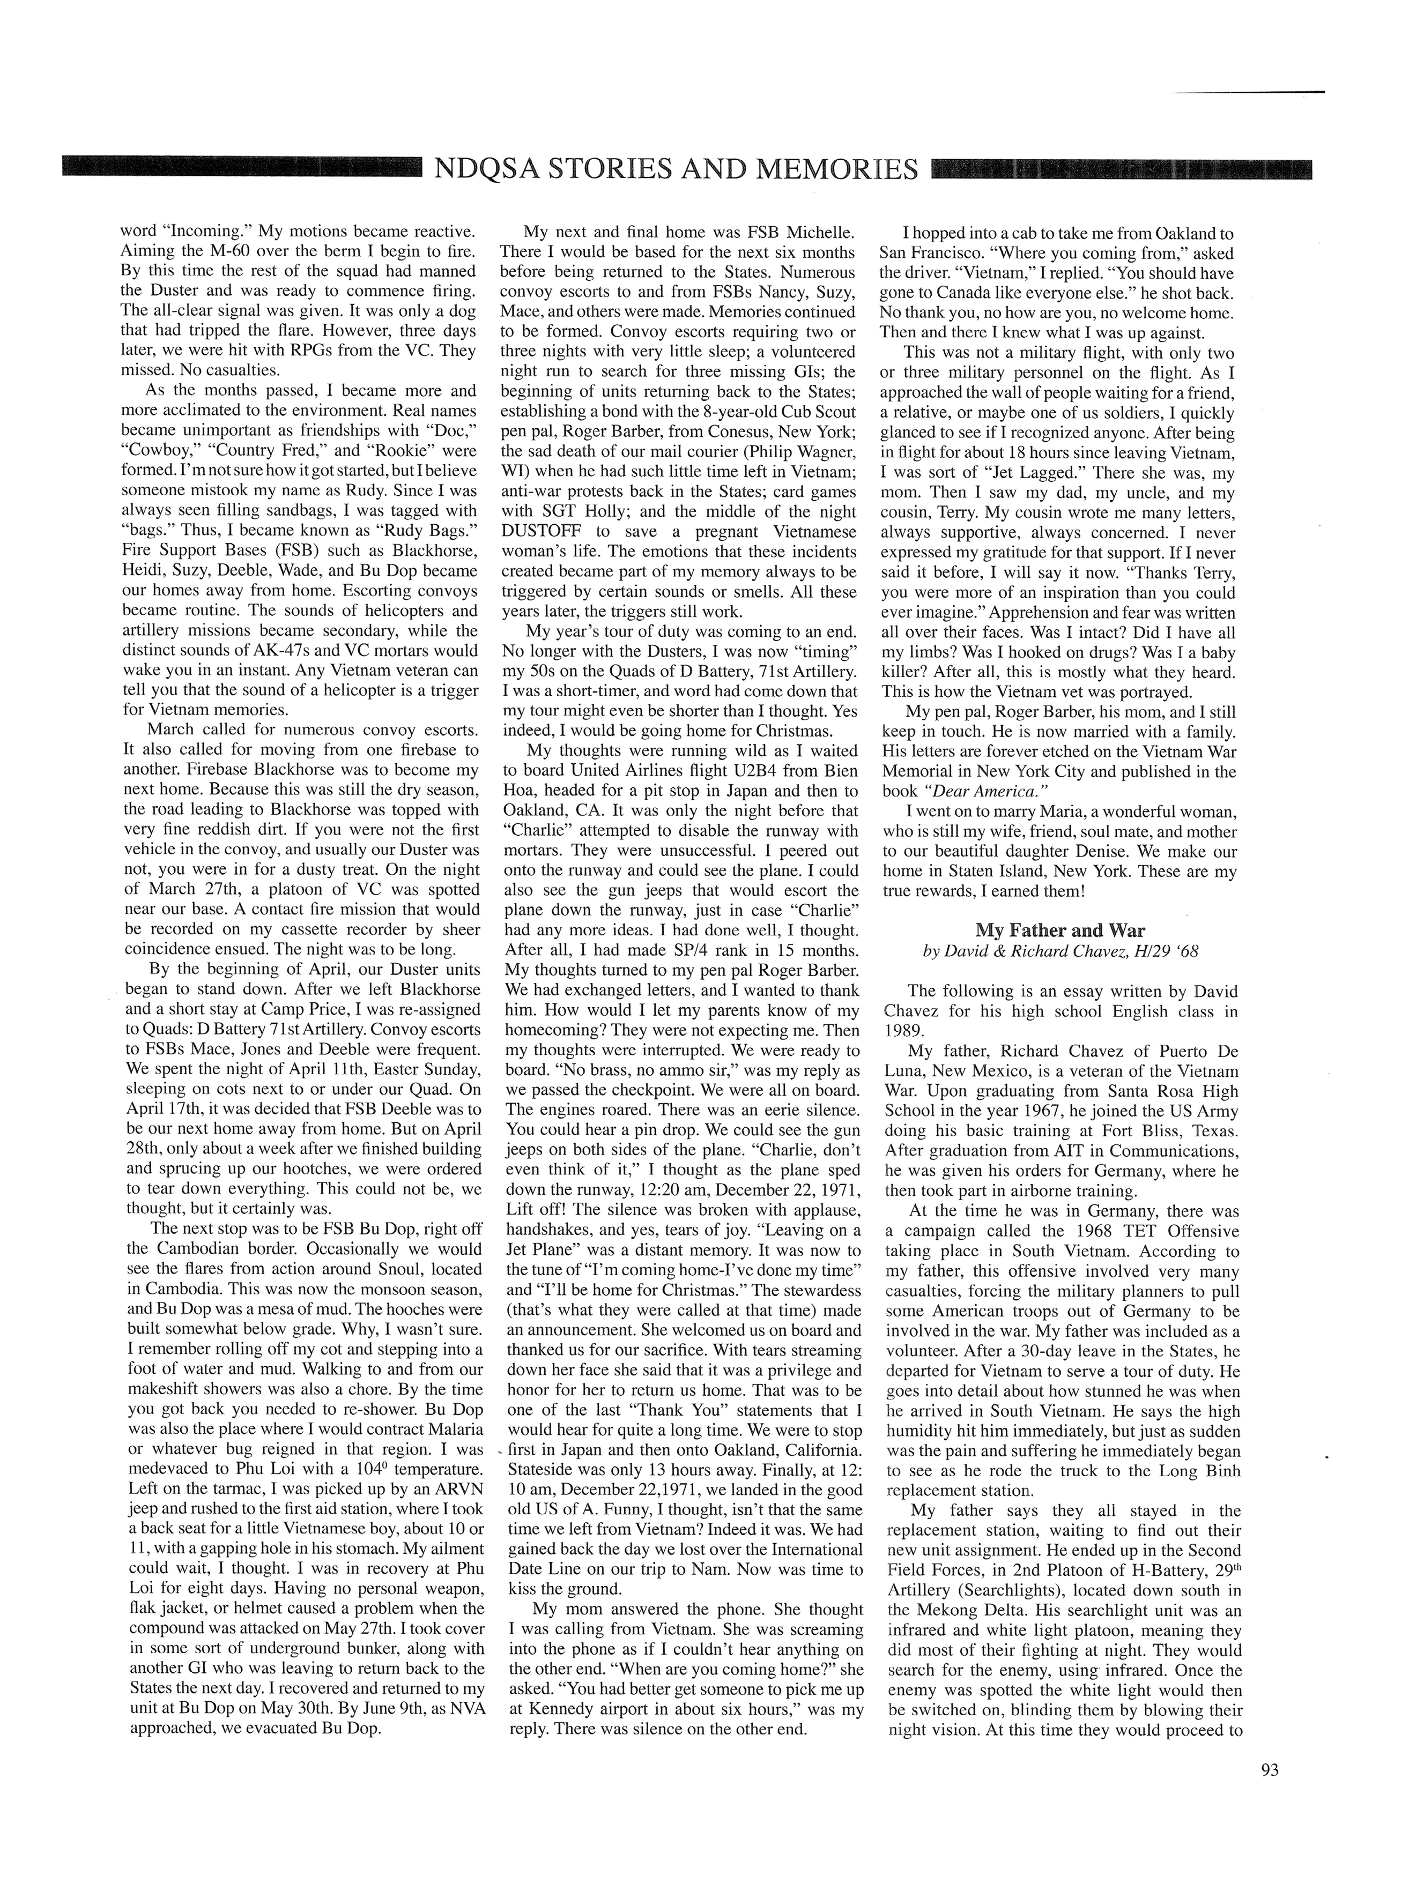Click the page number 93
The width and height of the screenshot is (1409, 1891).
tap(1269, 1769)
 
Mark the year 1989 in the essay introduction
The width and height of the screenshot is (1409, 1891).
tap(904, 1032)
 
